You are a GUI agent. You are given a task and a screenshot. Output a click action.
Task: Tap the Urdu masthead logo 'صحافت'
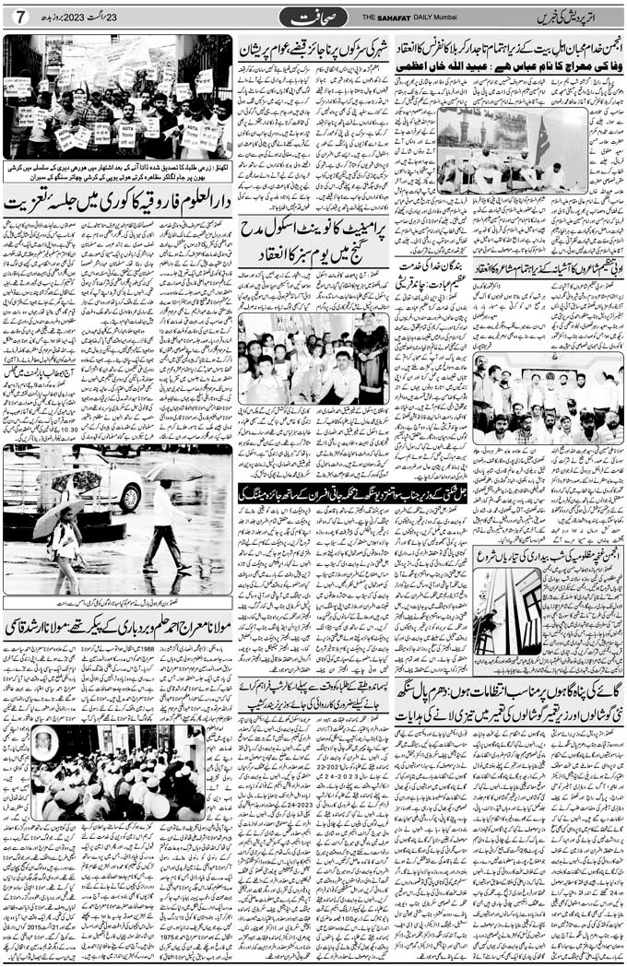[316, 17]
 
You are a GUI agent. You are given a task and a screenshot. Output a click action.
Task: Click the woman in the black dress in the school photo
[370, 359]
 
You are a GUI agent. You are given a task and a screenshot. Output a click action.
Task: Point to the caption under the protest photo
[118, 171]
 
